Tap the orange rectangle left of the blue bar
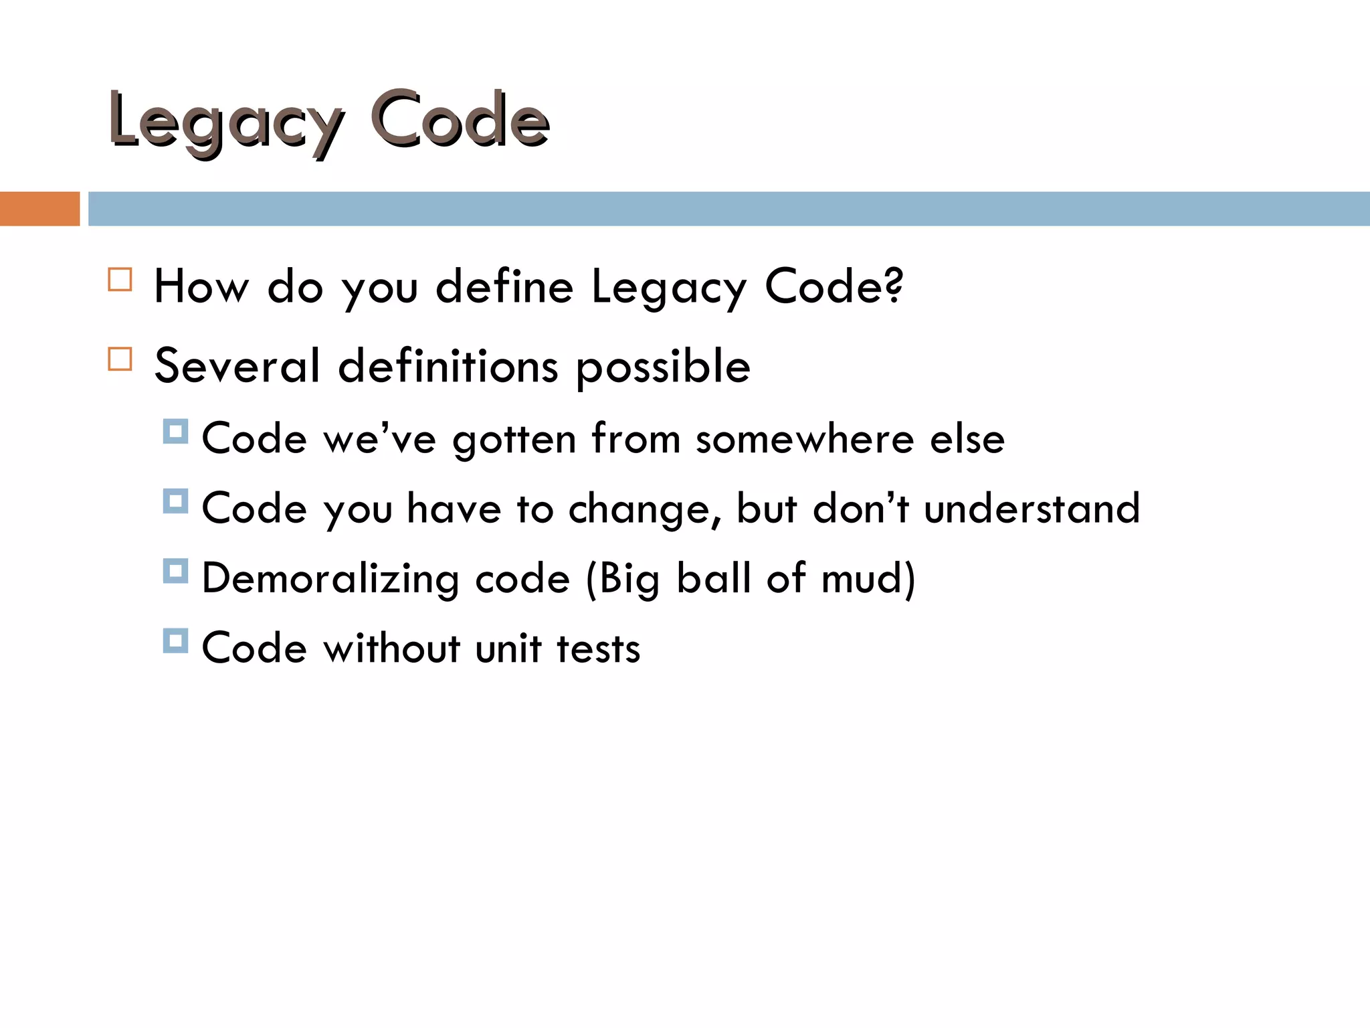click(x=39, y=209)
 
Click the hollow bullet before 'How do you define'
click(x=120, y=280)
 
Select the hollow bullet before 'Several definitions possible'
click(x=120, y=359)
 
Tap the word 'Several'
click(x=237, y=366)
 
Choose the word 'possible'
click(x=662, y=367)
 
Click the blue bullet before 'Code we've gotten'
click(x=175, y=432)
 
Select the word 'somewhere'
click(x=805, y=440)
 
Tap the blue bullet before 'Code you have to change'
click(x=175, y=501)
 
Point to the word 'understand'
click(x=1032, y=509)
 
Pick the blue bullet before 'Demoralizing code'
click(x=175, y=571)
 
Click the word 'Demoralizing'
click(x=330, y=579)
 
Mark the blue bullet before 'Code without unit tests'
click(x=175, y=640)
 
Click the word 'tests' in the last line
click(x=598, y=649)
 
